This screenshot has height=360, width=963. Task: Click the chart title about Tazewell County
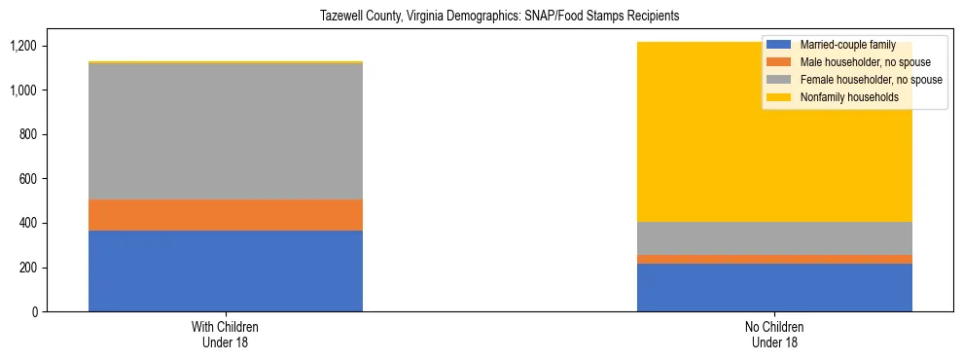pyautogui.click(x=499, y=16)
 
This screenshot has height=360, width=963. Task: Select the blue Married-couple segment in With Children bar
pyautogui.click(x=226, y=270)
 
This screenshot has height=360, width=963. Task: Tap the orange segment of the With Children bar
pyautogui.click(x=226, y=215)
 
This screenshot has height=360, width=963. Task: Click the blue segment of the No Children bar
pyautogui.click(x=774, y=287)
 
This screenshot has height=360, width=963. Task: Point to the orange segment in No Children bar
pyautogui.click(x=774, y=259)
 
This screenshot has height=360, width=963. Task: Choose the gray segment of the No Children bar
pyautogui.click(x=774, y=238)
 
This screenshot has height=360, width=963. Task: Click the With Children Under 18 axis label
pyautogui.click(x=226, y=335)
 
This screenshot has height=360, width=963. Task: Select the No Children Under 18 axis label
pyautogui.click(x=774, y=335)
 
